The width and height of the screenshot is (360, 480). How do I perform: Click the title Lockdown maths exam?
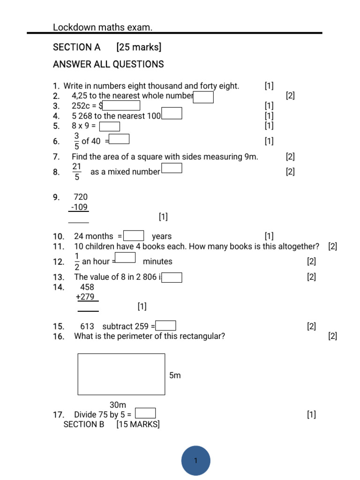pos(103,28)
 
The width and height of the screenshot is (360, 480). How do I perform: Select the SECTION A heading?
pos(77,47)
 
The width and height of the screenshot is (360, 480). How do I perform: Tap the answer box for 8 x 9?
pos(110,126)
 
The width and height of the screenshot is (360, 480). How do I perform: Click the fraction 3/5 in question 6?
pos(76,141)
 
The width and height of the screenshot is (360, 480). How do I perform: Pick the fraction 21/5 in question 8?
pos(77,172)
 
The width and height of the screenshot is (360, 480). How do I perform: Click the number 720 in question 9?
pos(81,197)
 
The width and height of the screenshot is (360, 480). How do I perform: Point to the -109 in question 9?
pos(79,207)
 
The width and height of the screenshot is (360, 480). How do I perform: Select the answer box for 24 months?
pos(134,236)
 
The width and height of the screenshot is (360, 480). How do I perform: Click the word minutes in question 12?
pos(157,262)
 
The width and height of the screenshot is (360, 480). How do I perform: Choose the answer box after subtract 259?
pos(166,326)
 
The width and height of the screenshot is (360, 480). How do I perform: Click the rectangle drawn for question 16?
pos(121,374)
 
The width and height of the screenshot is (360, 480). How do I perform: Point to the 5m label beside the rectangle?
pos(174,375)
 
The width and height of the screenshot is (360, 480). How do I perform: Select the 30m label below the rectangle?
pos(118,405)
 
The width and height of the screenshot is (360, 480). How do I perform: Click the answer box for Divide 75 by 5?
pos(145,413)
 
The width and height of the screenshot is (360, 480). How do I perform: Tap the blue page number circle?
pos(195,460)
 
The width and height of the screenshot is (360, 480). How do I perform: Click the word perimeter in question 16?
pos(132,336)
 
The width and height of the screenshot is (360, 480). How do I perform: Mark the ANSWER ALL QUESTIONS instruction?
pos(108,64)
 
